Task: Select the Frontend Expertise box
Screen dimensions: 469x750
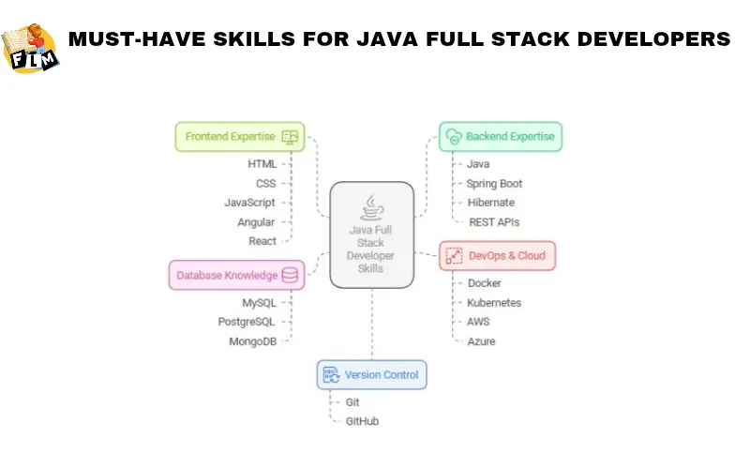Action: tap(240, 136)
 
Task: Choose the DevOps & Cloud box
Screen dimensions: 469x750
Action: tap(499, 255)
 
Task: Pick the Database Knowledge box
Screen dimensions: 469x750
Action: tap(237, 275)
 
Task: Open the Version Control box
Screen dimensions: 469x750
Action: tap(372, 375)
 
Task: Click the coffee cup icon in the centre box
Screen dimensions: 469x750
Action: tap(372, 206)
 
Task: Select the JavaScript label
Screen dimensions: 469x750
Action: tap(249, 203)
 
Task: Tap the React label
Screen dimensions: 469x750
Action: tap(262, 241)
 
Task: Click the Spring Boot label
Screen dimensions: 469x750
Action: tap(494, 184)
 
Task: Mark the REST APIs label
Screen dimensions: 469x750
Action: tap(493, 222)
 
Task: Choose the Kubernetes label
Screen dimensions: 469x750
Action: tap(494, 303)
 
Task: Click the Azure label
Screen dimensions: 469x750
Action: tap(481, 341)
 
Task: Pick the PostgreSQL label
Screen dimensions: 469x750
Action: tap(247, 322)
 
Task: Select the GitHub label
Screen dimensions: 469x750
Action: tap(362, 421)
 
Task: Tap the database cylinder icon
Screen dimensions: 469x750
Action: tap(290, 275)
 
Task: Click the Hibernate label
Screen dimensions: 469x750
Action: tap(491, 203)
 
